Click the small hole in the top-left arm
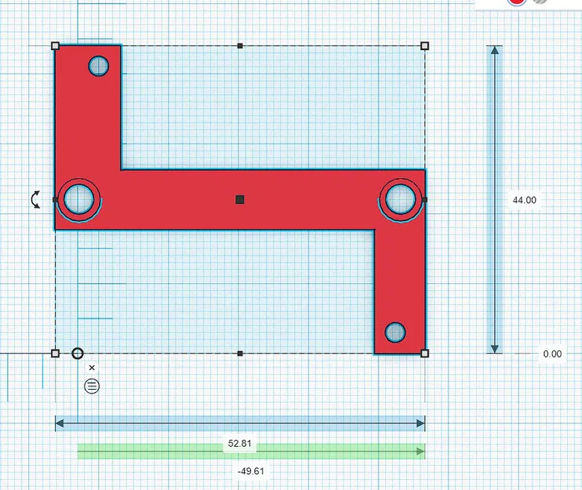click(x=99, y=67)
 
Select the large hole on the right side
click(x=400, y=198)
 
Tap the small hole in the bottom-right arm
click(x=396, y=332)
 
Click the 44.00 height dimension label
click(x=524, y=200)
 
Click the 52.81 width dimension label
click(x=239, y=443)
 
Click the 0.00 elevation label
click(x=552, y=354)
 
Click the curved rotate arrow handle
click(x=36, y=199)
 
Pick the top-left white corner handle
click(x=55, y=46)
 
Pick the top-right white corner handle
click(x=424, y=46)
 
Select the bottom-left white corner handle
click(x=55, y=354)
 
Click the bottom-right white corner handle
click(x=424, y=354)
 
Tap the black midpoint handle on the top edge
click(x=240, y=46)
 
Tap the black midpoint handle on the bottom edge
click(x=240, y=354)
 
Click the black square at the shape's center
click(x=240, y=200)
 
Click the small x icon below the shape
click(x=92, y=367)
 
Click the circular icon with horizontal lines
click(x=92, y=385)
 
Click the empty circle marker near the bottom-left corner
click(x=78, y=353)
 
